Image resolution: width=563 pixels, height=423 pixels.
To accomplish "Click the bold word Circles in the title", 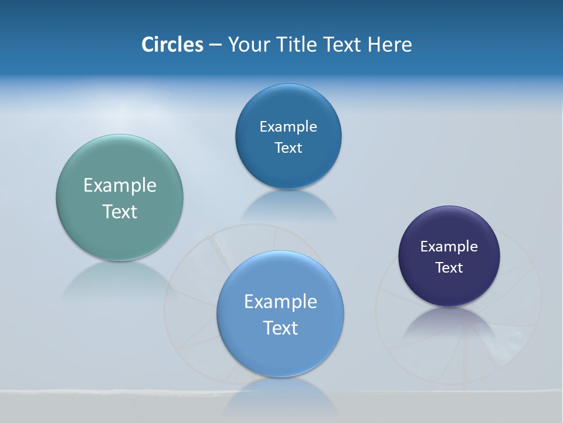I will (x=172, y=45).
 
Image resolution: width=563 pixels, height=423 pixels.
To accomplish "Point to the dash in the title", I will (x=215, y=45).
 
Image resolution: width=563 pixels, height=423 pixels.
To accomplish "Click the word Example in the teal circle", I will (x=120, y=186).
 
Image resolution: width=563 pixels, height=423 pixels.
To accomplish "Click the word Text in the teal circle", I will (x=120, y=211).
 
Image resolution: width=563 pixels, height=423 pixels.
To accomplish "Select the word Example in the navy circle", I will (x=449, y=247).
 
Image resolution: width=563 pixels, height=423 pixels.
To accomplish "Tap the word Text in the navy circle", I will (x=449, y=268).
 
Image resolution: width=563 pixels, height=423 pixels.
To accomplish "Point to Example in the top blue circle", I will (x=288, y=127).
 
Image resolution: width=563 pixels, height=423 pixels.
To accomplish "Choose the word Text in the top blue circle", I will (x=288, y=148).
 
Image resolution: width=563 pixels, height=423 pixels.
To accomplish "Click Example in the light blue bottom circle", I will (x=280, y=302).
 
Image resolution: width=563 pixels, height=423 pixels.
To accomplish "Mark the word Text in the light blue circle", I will (x=280, y=328).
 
